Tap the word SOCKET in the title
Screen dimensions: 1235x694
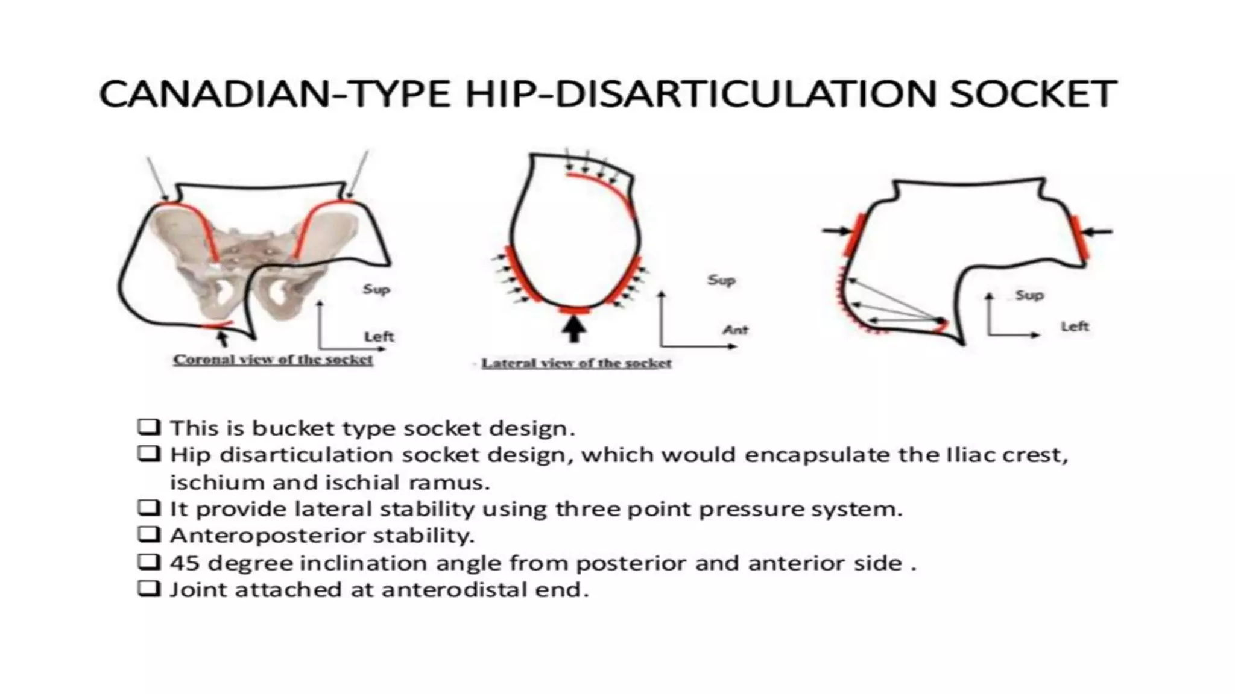(x=1033, y=94)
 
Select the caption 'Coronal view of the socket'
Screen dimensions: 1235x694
(x=273, y=360)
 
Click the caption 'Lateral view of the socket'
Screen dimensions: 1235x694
(x=576, y=363)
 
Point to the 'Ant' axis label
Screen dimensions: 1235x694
(x=735, y=330)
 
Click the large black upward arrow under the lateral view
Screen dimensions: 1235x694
(x=574, y=328)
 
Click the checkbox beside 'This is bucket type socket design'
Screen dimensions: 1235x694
(x=149, y=427)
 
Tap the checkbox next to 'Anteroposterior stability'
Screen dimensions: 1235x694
(x=149, y=534)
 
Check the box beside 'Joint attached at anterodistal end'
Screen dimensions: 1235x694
(x=149, y=588)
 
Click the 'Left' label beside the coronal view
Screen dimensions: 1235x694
(x=379, y=336)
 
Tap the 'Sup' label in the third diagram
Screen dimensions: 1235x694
(x=1029, y=295)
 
